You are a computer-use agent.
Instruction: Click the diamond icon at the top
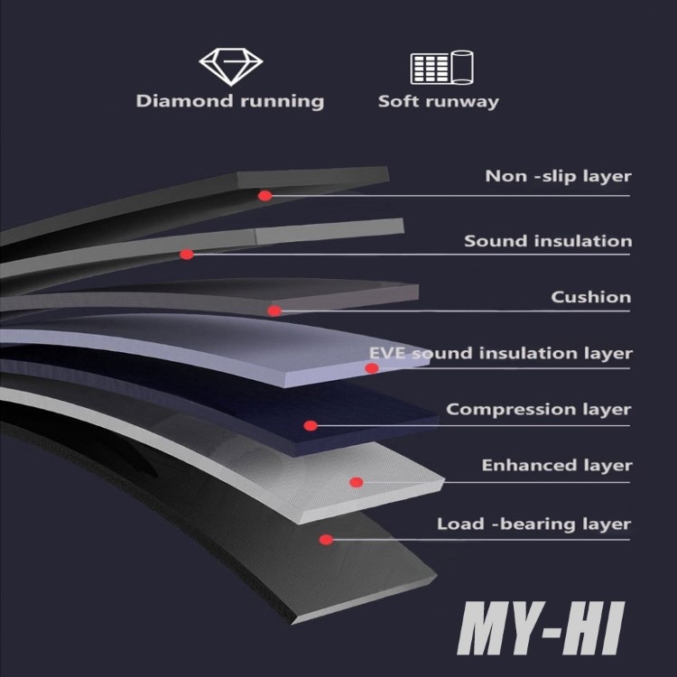tap(230, 67)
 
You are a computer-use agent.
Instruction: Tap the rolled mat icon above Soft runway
tap(441, 68)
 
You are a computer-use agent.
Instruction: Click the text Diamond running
tap(229, 101)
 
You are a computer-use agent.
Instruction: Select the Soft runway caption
tap(438, 102)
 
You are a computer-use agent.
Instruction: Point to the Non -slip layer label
tap(558, 176)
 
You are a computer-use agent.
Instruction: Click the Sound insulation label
tap(548, 241)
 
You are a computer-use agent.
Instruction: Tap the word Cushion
tap(591, 297)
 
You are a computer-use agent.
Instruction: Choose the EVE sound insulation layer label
tap(501, 353)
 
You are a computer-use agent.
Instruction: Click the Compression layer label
tap(538, 410)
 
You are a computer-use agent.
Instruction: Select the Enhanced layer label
tap(557, 466)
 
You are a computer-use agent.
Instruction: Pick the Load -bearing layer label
tap(533, 524)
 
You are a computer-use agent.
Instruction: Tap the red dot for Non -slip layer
tap(265, 196)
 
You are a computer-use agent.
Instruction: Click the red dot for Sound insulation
tap(187, 255)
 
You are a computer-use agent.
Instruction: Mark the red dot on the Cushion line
tap(274, 311)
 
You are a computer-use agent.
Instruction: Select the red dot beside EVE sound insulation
tap(372, 368)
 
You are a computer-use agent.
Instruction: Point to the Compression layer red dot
tap(311, 426)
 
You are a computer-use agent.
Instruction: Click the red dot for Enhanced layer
tap(357, 482)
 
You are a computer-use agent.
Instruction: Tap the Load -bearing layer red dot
tap(327, 539)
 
